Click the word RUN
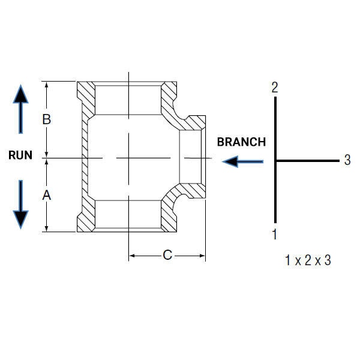[x=20, y=155]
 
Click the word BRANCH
[x=241, y=142]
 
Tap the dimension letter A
[x=47, y=196]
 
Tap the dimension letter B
[x=47, y=119]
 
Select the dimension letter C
[x=167, y=255]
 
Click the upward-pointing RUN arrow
[x=20, y=109]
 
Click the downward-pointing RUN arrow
[x=20, y=205]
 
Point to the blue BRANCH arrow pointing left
[x=242, y=161]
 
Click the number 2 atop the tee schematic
[x=275, y=87]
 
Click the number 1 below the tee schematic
[x=275, y=234]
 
